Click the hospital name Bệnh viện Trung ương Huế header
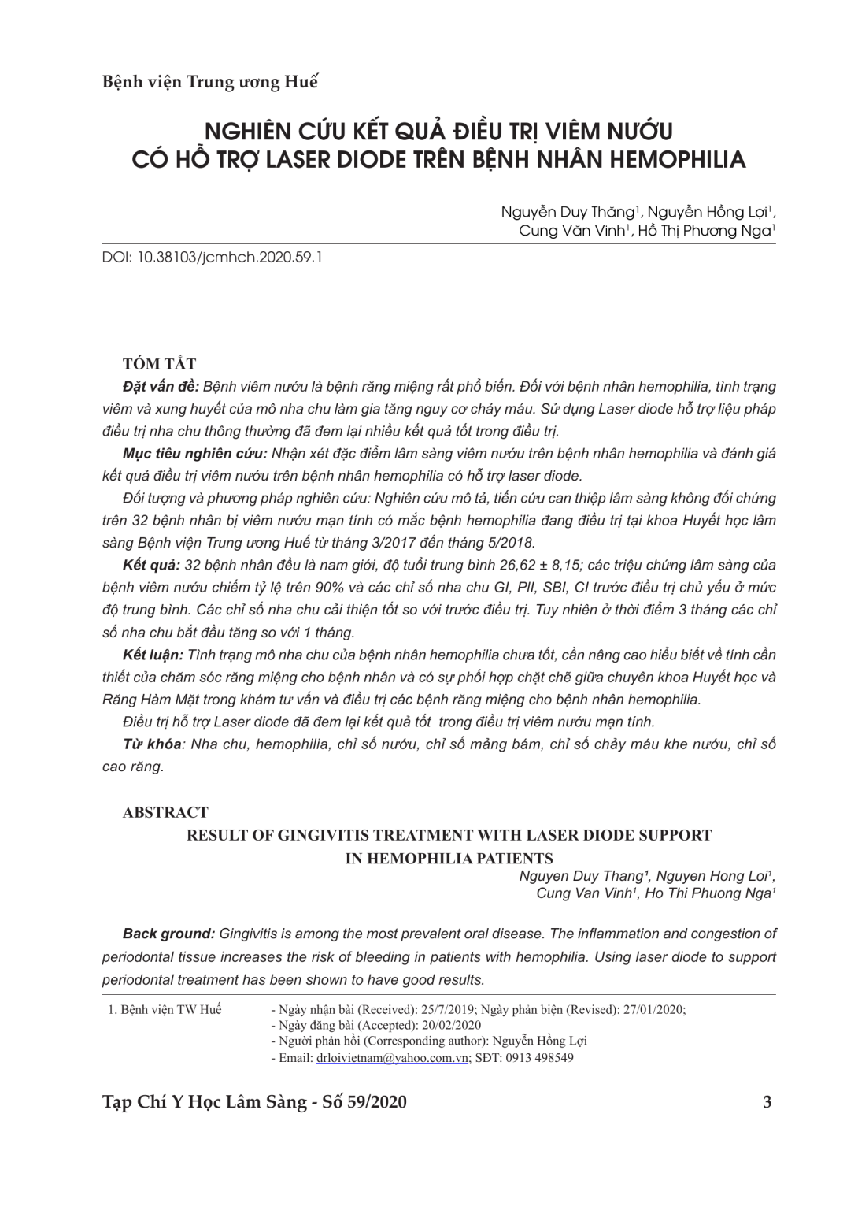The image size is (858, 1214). click(210, 82)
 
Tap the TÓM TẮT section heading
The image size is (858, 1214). click(160, 364)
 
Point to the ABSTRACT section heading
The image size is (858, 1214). click(165, 812)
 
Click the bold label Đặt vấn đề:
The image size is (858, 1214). click(161, 387)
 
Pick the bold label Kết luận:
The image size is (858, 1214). click(153, 655)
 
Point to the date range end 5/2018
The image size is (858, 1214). click(511, 543)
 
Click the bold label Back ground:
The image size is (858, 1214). click(168, 934)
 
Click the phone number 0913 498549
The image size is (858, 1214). click(540, 1058)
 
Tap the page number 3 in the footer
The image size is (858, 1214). click(767, 1102)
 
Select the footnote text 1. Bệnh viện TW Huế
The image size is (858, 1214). click(165, 1010)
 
